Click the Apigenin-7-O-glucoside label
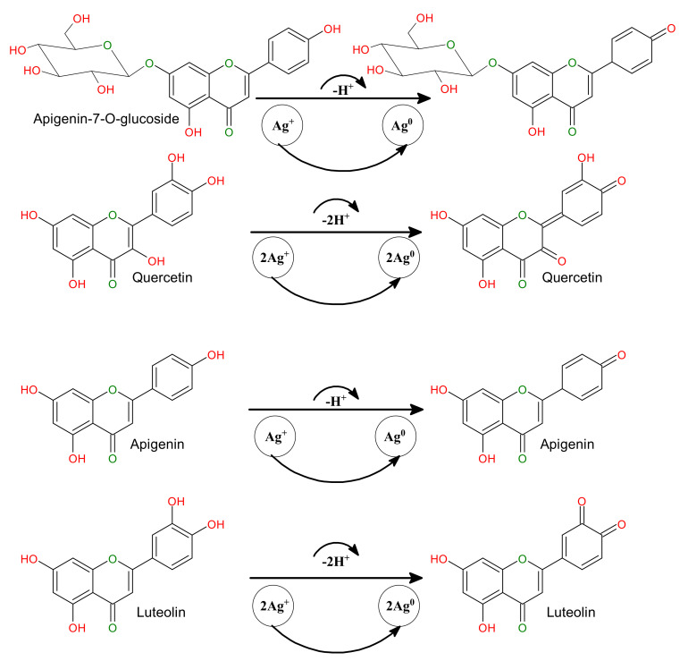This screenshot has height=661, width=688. (106, 119)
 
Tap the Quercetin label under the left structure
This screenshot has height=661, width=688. (163, 277)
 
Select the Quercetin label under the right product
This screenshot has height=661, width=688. (572, 277)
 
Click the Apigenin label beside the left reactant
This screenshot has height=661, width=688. (157, 445)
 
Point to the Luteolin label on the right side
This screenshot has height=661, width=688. (571, 612)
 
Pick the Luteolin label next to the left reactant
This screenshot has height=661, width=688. (161, 612)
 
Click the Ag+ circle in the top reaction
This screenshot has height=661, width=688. (282, 125)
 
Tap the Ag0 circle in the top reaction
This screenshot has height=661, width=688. (403, 125)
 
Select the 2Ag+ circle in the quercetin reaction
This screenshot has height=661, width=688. (273, 258)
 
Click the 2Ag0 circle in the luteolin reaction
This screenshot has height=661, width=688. (399, 606)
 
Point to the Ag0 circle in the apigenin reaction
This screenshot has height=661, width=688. (396, 436)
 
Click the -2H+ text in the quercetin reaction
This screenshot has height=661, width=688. (336, 219)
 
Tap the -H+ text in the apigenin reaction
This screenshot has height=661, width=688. (336, 401)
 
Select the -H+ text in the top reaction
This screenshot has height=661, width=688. (343, 90)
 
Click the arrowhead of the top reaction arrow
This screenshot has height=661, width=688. (424, 98)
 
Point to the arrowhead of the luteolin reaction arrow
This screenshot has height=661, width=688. (416, 578)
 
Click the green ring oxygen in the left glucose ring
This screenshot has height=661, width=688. (107, 46)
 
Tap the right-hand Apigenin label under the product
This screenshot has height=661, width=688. (566, 445)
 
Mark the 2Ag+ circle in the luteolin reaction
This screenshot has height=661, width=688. (273, 606)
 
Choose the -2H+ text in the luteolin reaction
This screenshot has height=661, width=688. (336, 561)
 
